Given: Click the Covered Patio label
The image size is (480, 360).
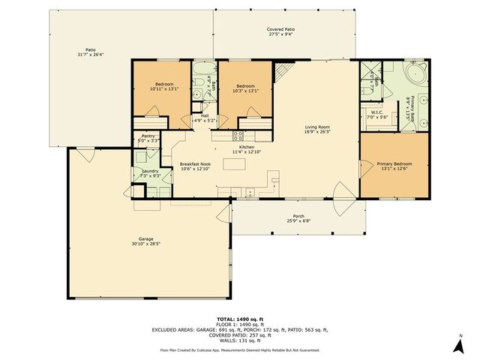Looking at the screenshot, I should [x=280, y=32].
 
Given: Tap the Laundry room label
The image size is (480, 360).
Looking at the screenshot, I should [x=150, y=173].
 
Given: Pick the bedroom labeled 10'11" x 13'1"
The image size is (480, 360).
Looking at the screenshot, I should [x=164, y=86].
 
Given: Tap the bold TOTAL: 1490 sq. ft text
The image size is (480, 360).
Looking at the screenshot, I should [x=240, y=318].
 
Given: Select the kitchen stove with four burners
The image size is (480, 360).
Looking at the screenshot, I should [x=238, y=136].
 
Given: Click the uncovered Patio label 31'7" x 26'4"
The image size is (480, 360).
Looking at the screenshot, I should [x=89, y=52].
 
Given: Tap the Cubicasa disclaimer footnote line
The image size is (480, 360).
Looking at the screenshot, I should [x=240, y=349].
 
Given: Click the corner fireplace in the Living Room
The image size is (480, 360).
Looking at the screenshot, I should [x=282, y=72].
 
